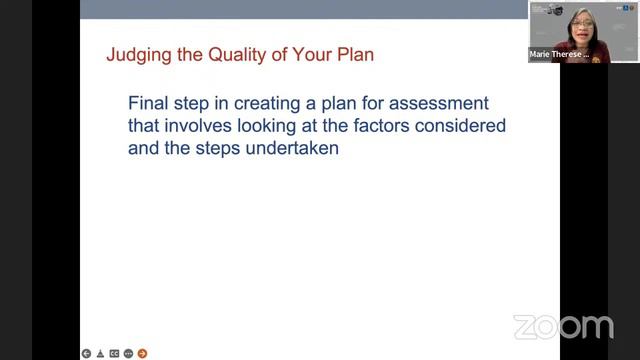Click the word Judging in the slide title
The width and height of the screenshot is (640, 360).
135,55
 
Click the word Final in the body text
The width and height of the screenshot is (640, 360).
150,104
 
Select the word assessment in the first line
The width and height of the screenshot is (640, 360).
437,104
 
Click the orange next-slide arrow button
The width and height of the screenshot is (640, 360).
142,353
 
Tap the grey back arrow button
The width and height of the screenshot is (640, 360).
87,353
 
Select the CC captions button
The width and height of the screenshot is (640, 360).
114,353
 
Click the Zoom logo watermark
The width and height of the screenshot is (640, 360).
563,326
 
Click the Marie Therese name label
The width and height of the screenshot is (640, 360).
558,56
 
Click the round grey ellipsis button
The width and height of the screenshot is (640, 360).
128,353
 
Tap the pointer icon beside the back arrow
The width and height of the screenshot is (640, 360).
100,353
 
